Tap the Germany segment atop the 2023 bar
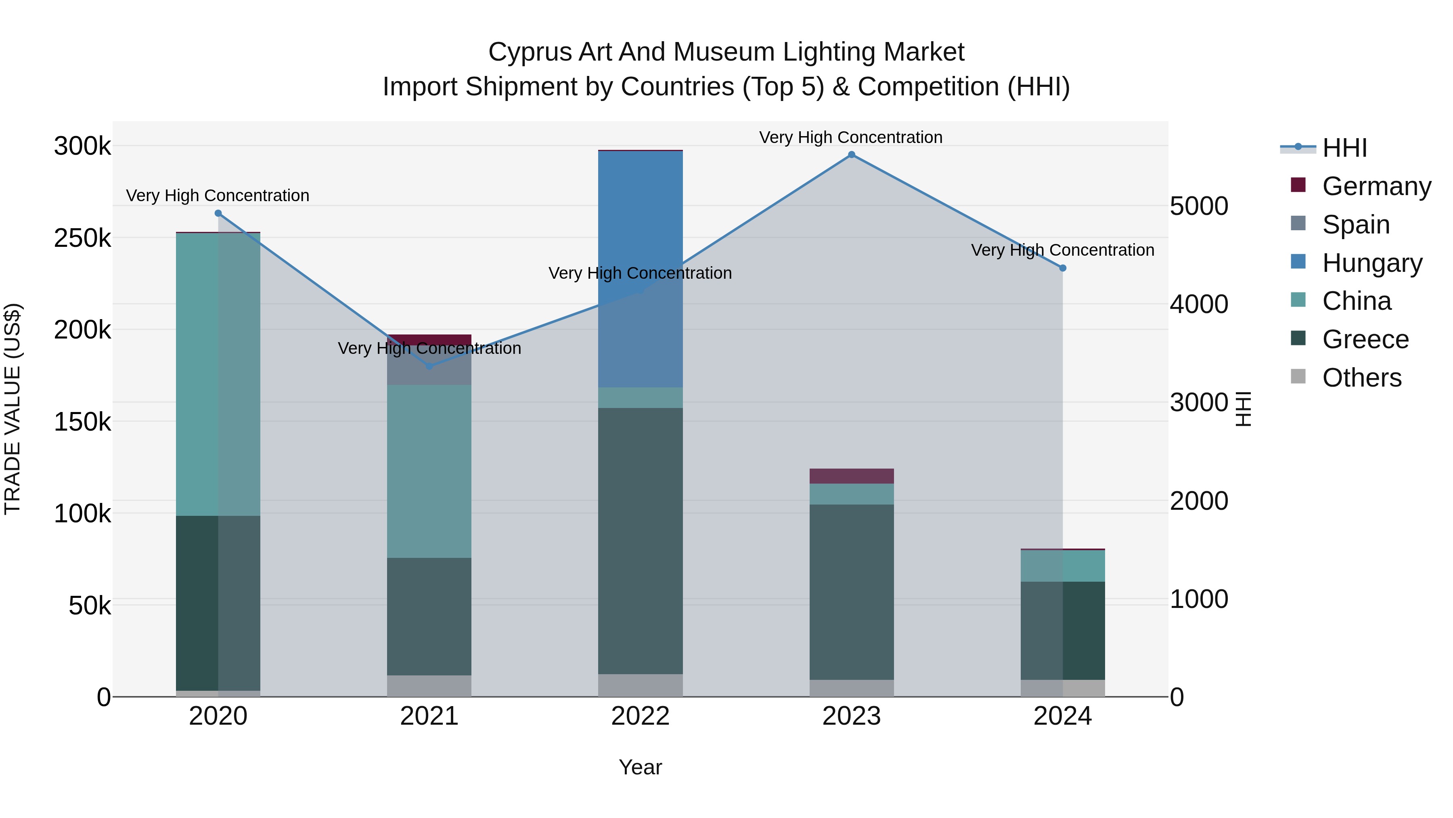(851, 476)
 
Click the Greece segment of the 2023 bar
(851, 592)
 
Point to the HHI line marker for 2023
(851, 155)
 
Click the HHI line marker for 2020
(218, 213)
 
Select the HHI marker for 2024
(1063, 268)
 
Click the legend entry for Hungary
(1372, 263)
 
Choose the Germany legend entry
(1376, 186)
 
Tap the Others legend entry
(1362, 378)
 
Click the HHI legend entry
(1345, 148)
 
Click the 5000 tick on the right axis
(1199, 206)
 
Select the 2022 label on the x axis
(640, 716)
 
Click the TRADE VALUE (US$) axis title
(13, 409)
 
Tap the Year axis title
(640, 767)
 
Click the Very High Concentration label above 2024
(1063, 250)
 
